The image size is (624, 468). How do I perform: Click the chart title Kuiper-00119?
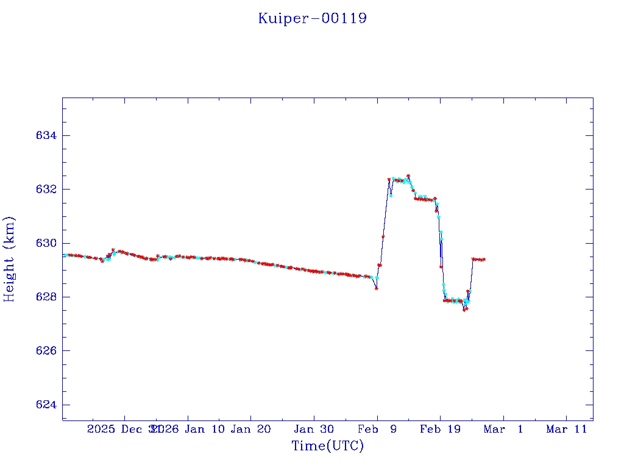312,18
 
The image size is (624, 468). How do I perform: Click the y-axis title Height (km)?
9,259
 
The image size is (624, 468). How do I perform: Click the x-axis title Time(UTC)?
327,446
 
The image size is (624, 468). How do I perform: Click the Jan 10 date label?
204,429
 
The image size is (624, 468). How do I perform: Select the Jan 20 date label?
251,429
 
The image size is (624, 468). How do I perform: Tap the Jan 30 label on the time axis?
314,429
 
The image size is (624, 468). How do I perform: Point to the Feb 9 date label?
377,429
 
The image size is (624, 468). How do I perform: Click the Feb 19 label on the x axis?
440,429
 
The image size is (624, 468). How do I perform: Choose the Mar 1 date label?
503,429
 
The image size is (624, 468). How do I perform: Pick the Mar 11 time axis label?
566,429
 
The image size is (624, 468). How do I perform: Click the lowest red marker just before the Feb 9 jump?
377,288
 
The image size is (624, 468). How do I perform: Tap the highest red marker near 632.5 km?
408,175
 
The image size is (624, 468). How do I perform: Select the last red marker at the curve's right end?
484,260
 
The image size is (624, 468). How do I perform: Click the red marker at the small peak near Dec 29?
113,250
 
